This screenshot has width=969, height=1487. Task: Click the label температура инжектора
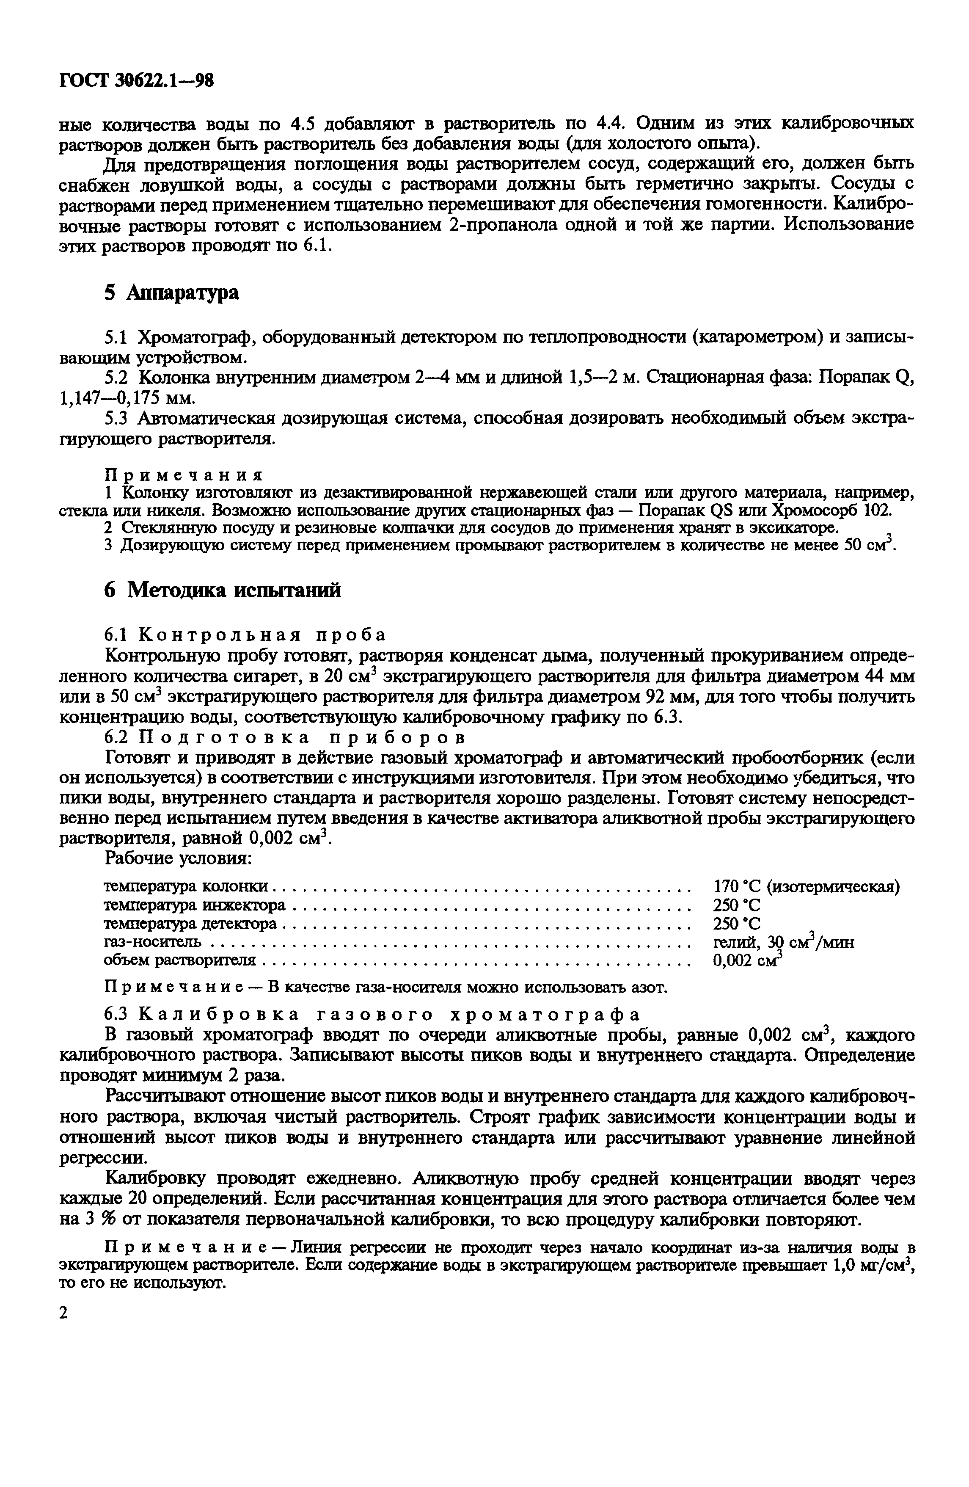[194, 905]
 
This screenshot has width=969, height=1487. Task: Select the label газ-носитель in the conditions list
[152, 941]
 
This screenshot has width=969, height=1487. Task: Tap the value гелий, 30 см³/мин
[783, 941]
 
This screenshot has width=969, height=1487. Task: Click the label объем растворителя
[179, 960]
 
